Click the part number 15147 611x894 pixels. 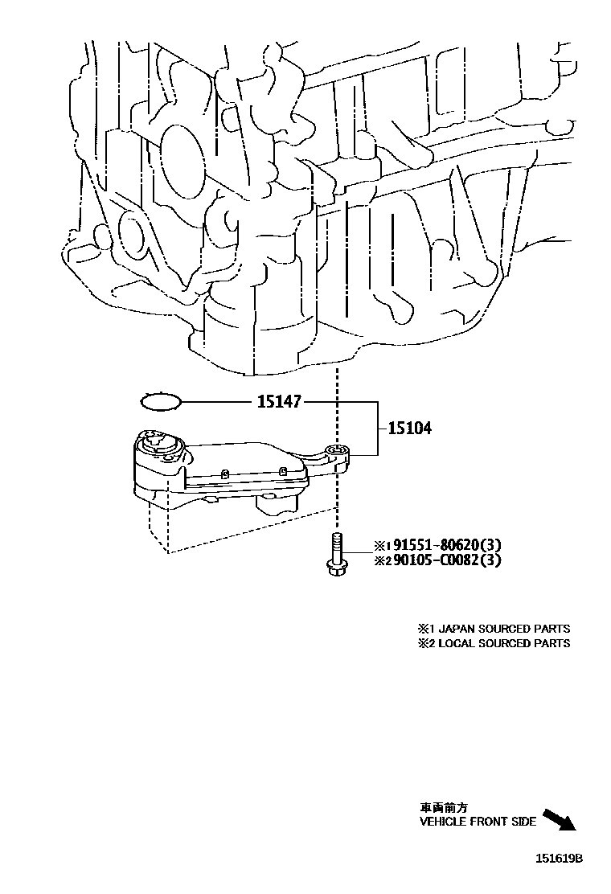[x=278, y=401]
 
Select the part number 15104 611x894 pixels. [x=409, y=429]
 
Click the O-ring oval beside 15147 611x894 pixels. [x=160, y=400]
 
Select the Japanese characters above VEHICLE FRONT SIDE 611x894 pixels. [x=443, y=807]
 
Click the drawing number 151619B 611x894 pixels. [x=559, y=859]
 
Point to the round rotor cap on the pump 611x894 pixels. [x=158, y=442]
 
